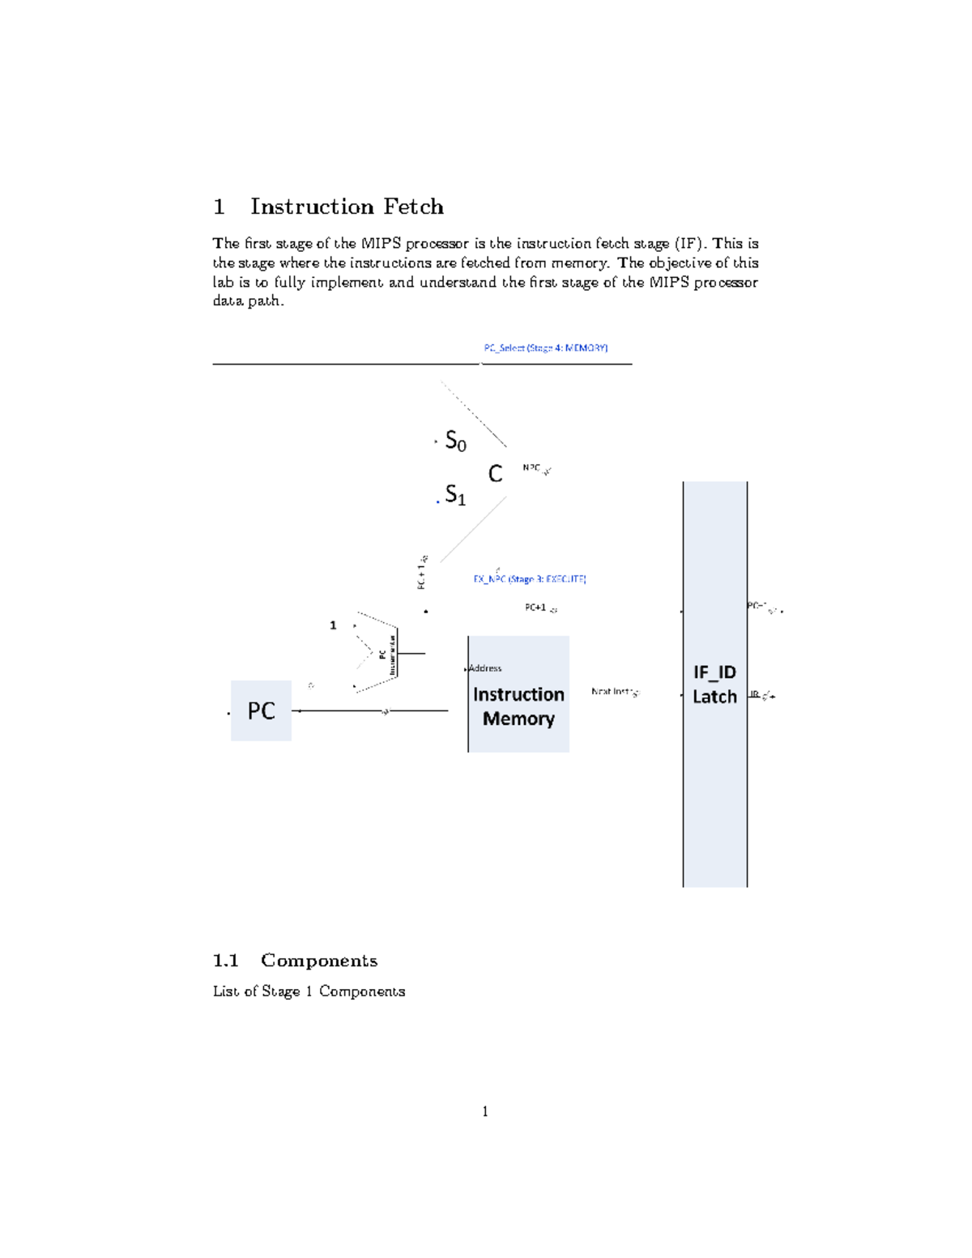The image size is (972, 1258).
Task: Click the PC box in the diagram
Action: click(x=261, y=710)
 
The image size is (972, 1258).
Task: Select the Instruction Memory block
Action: click(x=518, y=695)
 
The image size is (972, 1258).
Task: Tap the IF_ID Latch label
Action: click(x=714, y=684)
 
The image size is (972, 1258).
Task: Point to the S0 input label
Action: click(x=455, y=441)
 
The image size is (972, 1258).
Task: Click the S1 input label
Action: click(x=455, y=495)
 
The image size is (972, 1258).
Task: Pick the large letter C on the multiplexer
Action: click(x=496, y=474)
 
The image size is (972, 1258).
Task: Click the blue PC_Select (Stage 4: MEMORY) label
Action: click(x=545, y=348)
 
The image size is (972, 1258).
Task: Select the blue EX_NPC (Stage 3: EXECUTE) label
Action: click(x=530, y=579)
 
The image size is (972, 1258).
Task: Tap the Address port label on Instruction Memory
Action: click(x=485, y=668)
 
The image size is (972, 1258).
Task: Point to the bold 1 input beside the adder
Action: click(x=333, y=625)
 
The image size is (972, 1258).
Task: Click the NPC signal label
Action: click(x=531, y=467)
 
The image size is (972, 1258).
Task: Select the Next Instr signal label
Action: click(x=612, y=691)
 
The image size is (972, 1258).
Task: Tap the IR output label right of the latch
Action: click(x=755, y=694)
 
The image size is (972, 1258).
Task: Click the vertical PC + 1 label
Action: click(x=421, y=573)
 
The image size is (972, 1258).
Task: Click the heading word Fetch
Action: click(x=413, y=207)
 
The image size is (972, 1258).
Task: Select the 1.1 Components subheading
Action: click(x=295, y=961)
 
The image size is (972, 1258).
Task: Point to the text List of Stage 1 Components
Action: click(x=309, y=991)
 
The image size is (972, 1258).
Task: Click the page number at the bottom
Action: click(x=485, y=1111)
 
